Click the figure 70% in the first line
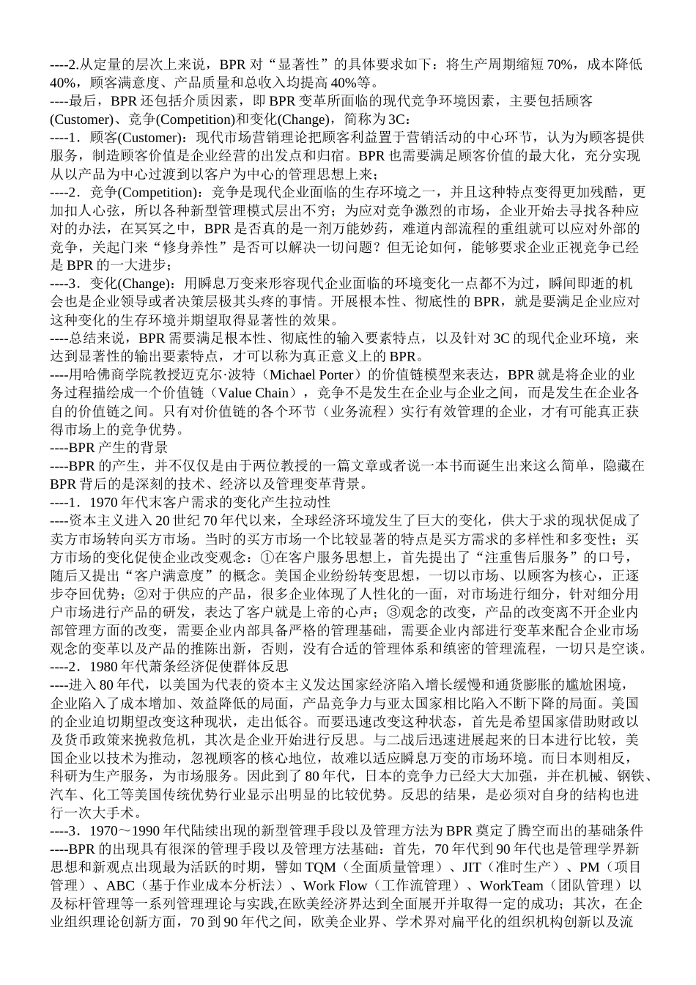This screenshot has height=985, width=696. (x=558, y=64)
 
